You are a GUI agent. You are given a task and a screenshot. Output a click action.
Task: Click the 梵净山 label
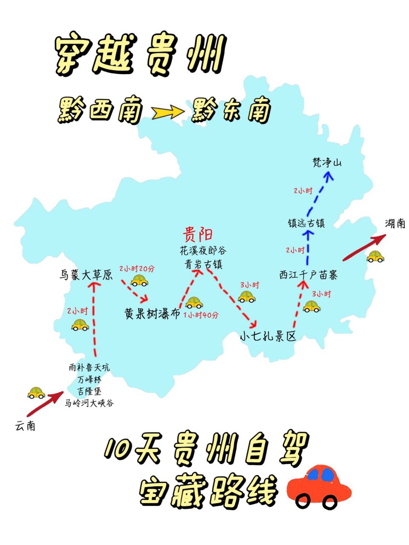(327, 163)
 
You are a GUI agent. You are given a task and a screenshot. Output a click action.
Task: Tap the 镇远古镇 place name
(306, 223)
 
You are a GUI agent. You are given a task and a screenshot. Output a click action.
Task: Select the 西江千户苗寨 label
(308, 275)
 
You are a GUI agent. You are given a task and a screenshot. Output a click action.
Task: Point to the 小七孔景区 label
(268, 336)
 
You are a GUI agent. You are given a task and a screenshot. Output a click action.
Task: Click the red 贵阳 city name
(198, 234)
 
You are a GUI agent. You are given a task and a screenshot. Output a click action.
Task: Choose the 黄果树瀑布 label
(152, 314)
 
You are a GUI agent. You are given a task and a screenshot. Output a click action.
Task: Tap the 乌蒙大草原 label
(86, 275)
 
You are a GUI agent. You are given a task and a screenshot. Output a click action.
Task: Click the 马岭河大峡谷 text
(89, 403)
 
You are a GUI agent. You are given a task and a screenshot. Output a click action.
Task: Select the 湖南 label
(395, 223)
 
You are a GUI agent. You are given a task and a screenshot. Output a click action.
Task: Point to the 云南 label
(25, 425)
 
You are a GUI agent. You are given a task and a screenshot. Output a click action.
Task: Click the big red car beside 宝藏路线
(319, 486)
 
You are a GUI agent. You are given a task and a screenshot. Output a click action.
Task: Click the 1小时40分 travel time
(201, 316)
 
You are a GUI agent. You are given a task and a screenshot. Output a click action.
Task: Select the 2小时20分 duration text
(137, 269)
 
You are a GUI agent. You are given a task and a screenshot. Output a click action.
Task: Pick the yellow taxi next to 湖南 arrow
(375, 256)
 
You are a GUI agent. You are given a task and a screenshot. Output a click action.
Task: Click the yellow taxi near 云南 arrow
(36, 393)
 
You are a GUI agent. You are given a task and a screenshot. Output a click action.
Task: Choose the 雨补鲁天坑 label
(89, 367)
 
